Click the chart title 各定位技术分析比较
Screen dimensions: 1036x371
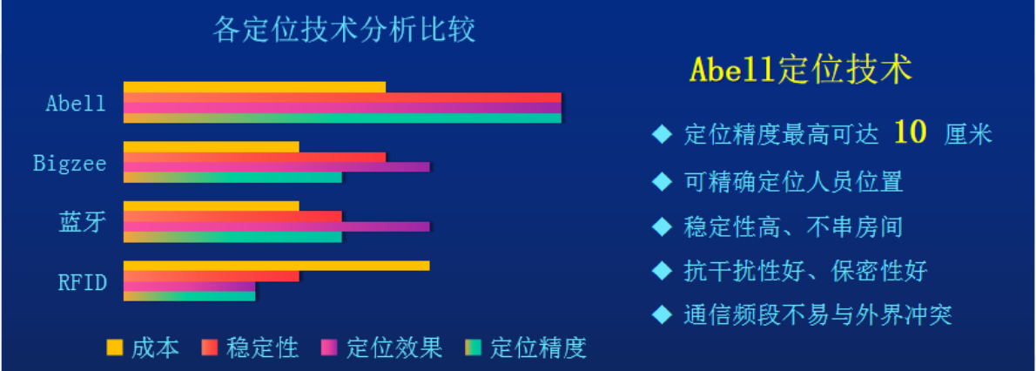[x=344, y=30]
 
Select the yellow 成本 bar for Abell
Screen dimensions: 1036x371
[x=254, y=87]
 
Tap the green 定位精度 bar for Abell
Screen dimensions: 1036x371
[x=342, y=118]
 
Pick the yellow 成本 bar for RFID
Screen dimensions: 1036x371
[x=276, y=266]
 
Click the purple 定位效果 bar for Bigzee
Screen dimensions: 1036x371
[x=276, y=167]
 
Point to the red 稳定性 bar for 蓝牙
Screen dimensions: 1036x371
[x=232, y=216]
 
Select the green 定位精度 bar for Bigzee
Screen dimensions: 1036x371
[x=232, y=178]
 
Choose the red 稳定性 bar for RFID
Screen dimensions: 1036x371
[x=212, y=276]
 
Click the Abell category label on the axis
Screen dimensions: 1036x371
[x=76, y=103]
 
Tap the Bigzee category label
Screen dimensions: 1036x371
[x=70, y=163]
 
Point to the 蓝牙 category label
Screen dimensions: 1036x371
[x=82, y=222]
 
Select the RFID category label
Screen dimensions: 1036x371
[x=83, y=281]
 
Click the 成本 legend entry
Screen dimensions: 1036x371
[x=144, y=347]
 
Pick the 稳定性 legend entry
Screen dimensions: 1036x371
[x=251, y=347]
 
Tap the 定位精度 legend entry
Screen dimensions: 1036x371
[x=526, y=347]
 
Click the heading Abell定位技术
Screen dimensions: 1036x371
[x=801, y=70]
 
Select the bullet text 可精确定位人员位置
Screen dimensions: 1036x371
[x=793, y=180]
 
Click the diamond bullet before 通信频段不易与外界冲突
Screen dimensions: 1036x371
[x=662, y=314]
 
